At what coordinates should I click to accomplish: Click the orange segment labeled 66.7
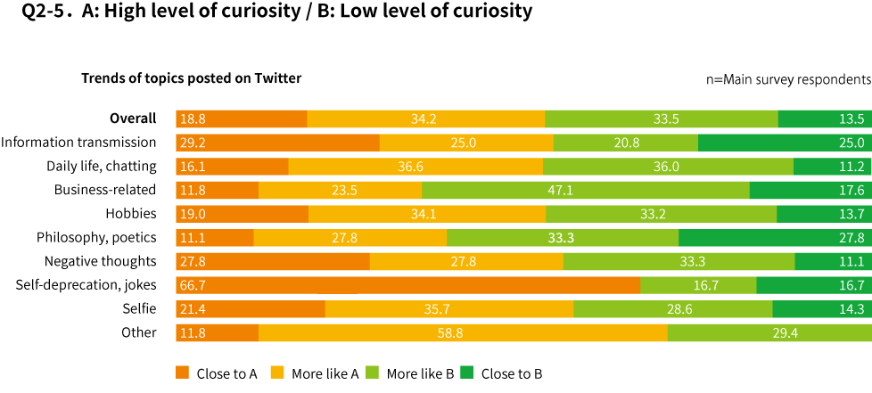click(407, 285)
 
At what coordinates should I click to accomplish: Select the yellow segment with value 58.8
click(463, 333)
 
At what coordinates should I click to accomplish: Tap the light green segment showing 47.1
click(586, 191)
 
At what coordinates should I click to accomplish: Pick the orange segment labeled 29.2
click(277, 143)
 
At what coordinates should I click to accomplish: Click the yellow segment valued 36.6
click(415, 167)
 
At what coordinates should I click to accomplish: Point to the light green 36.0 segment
click(668, 167)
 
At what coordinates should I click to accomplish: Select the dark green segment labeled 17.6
click(810, 191)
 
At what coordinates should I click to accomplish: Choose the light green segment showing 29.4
click(769, 333)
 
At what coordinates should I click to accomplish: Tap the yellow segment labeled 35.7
click(449, 309)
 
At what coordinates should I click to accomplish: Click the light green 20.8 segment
click(626, 143)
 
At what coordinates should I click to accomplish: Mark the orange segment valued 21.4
click(251, 309)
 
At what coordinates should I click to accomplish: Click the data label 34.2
click(424, 119)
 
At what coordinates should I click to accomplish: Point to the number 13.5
click(851, 119)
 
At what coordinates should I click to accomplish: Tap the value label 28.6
click(679, 309)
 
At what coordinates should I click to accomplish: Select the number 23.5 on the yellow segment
click(344, 191)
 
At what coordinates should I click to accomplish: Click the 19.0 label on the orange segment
click(193, 214)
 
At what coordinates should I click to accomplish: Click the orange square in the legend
click(182, 372)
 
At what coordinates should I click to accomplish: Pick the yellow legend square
click(277, 372)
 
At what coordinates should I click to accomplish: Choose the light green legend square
click(372, 372)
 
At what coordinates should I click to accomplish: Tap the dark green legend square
click(466, 372)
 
